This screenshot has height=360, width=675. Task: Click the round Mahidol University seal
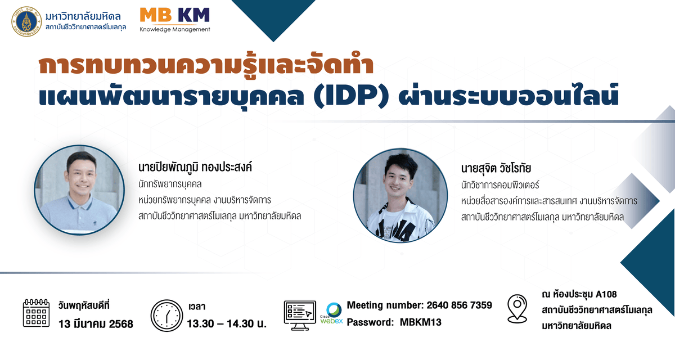click(x=26, y=21)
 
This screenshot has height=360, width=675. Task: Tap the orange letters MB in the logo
click(x=156, y=15)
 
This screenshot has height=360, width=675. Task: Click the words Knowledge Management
click(x=175, y=29)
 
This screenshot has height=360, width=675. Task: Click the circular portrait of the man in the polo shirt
click(x=79, y=190)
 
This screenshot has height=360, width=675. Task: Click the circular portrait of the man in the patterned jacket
click(x=400, y=196)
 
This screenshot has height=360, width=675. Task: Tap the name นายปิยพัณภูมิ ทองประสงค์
click(x=195, y=167)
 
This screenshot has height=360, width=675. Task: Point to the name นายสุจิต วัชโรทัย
click(x=496, y=168)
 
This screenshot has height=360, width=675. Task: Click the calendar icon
click(x=36, y=313)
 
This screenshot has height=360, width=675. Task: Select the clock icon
click(x=166, y=316)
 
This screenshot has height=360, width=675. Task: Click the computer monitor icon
click(x=300, y=315)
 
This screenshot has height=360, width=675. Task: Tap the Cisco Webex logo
click(x=331, y=313)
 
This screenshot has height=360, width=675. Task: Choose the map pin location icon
click(x=517, y=309)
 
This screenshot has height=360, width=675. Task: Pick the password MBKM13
click(x=420, y=322)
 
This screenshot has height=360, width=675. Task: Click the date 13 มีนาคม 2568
click(x=96, y=324)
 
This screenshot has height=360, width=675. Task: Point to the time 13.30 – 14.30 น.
click(x=227, y=323)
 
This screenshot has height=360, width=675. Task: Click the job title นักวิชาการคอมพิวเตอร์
click(x=500, y=185)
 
